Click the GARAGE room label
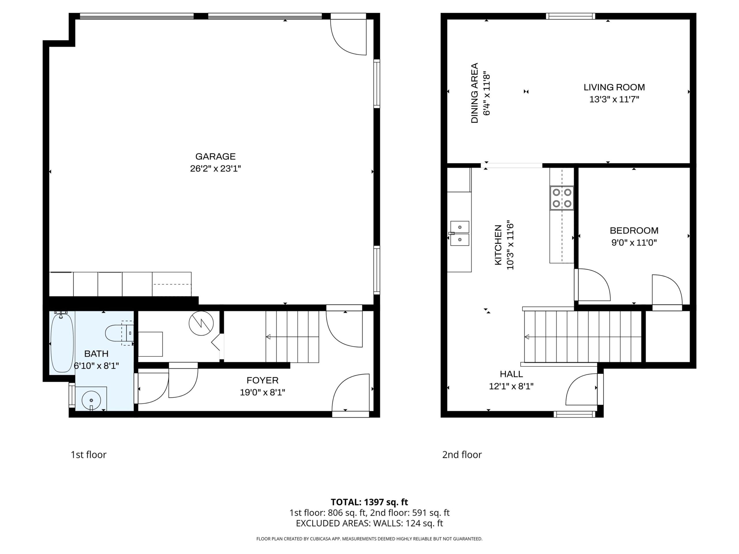tap(215, 156)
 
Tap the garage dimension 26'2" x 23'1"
tap(215, 169)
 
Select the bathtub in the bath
tap(62, 342)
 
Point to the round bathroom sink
tap(91, 400)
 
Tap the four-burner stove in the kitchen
tap(562, 198)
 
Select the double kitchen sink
tap(460, 233)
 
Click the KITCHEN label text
tap(498, 245)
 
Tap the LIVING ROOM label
tap(614, 87)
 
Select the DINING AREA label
tap(474, 93)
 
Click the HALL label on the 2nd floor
tap(511, 374)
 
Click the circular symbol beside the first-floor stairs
tap(201, 324)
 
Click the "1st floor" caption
tap(89, 454)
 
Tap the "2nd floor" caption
tap(462, 454)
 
